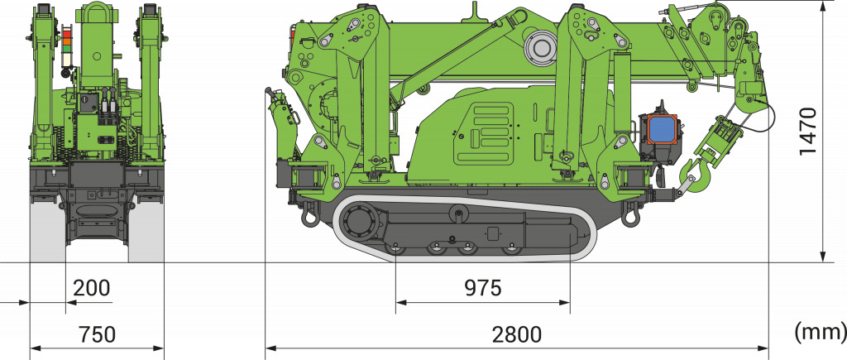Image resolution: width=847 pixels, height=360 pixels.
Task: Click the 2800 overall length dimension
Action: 516,335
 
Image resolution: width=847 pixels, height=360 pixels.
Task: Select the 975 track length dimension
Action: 483,288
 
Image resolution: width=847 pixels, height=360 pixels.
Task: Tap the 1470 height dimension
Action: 809,132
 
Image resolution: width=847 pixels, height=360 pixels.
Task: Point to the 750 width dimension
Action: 97,335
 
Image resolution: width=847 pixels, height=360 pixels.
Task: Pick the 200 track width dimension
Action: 91,288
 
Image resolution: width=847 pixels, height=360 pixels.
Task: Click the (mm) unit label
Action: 820,331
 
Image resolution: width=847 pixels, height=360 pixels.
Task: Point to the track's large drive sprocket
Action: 359,222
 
